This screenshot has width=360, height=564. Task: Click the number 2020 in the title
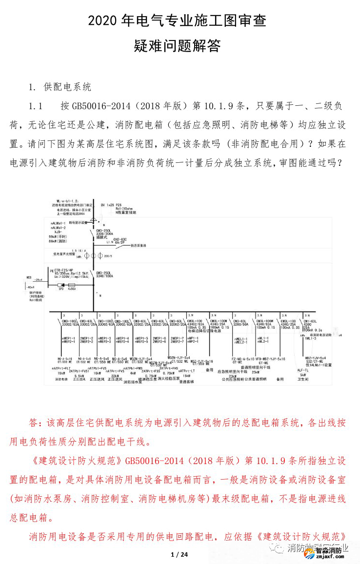pyautogui.click(x=105, y=21)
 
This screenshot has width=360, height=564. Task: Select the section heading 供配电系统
pyautogui.click(x=67, y=87)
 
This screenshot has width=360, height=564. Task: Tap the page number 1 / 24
pyautogui.click(x=180, y=555)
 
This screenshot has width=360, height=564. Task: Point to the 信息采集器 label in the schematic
pyautogui.click(x=139, y=246)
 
